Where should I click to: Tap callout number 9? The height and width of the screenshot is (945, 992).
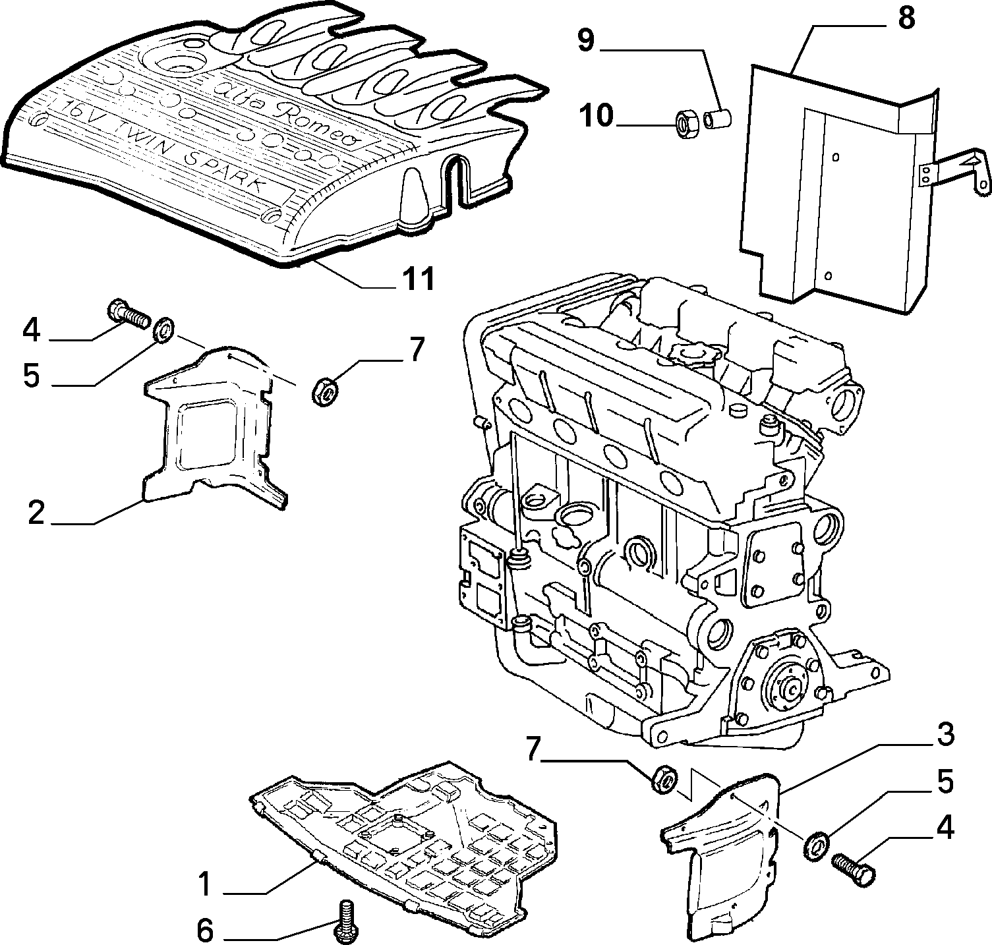click(586, 41)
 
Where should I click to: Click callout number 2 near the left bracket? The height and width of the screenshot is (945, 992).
click(36, 512)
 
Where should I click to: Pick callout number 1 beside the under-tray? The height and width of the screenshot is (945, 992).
click(206, 884)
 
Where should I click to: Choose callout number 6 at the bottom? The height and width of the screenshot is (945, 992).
click(205, 931)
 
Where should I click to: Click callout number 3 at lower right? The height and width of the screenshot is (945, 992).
click(945, 733)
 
